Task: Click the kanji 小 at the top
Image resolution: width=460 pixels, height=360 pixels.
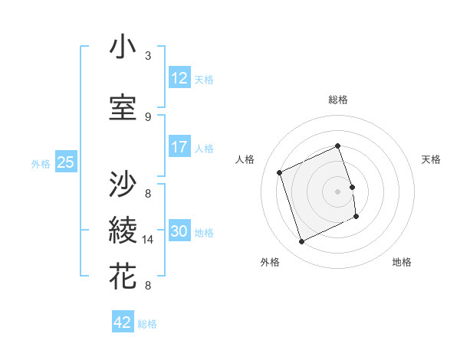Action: pos(123,48)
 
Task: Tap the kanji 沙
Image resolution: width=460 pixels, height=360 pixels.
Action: pos(123,184)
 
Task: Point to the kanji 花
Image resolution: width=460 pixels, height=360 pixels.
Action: pos(123,275)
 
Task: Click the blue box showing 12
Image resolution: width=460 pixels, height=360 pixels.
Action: pos(179,78)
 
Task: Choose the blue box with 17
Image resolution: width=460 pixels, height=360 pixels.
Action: pos(179,147)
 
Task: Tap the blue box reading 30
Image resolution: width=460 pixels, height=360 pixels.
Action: pos(179,231)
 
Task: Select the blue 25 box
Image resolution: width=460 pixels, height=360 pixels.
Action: pos(65,162)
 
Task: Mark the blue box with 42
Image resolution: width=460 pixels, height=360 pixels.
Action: pos(123,322)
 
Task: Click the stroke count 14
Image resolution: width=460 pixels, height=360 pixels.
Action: pos(149,240)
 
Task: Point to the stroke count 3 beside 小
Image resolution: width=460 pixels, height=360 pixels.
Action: pos(148,56)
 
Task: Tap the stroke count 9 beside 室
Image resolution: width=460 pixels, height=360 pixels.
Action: pos(148,116)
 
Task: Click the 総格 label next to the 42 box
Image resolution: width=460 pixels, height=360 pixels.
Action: pos(147,324)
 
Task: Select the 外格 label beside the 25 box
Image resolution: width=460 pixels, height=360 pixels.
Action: pos(40,163)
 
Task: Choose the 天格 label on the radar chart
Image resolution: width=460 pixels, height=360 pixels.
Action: pos(431,159)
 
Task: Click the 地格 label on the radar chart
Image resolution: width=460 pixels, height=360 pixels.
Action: pos(402,262)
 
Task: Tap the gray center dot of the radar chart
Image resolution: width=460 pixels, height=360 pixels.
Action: pos(337,191)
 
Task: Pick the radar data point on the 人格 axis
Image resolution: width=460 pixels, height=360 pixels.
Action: pos(280,172)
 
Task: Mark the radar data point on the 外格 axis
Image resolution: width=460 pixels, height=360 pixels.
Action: pos(301,241)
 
